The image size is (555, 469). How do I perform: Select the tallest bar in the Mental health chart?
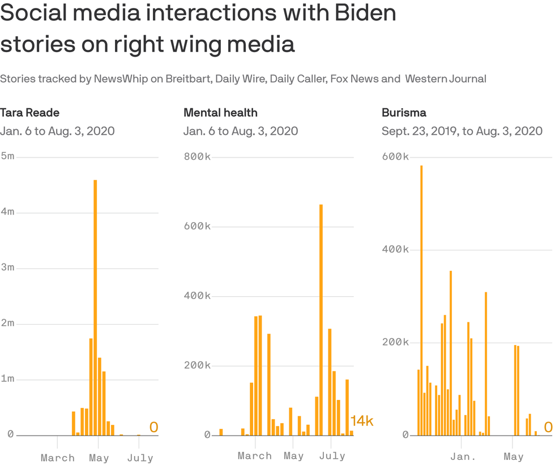point(321,319)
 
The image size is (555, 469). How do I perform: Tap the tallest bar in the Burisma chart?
point(421,300)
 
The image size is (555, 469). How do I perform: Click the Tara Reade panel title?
point(29,113)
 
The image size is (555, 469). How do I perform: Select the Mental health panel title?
point(220,113)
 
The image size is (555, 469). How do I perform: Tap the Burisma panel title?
point(404,113)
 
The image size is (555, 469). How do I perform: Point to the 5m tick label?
point(7,156)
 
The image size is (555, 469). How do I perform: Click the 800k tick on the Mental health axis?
point(197,156)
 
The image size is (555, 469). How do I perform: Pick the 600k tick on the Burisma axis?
point(395,156)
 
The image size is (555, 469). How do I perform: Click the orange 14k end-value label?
point(362,421)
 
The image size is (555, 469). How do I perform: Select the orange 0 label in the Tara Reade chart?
point(153,428)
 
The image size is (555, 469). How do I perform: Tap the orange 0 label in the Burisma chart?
point(548,428)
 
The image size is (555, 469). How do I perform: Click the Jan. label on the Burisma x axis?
point(464,457)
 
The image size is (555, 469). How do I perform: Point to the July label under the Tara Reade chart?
point(139,457)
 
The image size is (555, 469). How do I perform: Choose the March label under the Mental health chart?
point(254,455)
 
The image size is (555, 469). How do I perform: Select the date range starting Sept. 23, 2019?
point(462,131)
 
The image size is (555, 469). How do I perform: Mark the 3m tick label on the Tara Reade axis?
point(7,267)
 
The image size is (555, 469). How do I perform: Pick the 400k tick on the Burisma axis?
point(395,249)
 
